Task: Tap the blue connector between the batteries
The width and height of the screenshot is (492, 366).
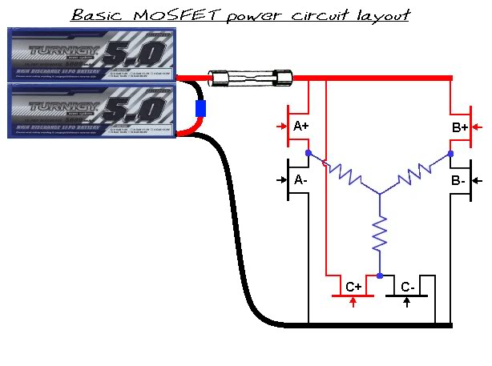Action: [201, 109]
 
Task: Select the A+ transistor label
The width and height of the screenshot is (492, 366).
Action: [302, 127]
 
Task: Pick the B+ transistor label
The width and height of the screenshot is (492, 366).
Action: [460, 127]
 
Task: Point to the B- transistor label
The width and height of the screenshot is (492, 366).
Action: [458, 180]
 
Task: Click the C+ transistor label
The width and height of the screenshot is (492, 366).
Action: [353, 287]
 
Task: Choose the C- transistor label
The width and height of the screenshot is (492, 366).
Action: [408, 287]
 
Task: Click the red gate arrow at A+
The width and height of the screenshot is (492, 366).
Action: [280, 127]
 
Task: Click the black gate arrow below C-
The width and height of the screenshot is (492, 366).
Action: [408, 303]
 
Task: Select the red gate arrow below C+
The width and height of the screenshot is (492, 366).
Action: [353, 303]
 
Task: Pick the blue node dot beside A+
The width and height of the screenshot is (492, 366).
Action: [309, 152]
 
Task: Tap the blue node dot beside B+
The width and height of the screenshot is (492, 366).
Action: [451, 152]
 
